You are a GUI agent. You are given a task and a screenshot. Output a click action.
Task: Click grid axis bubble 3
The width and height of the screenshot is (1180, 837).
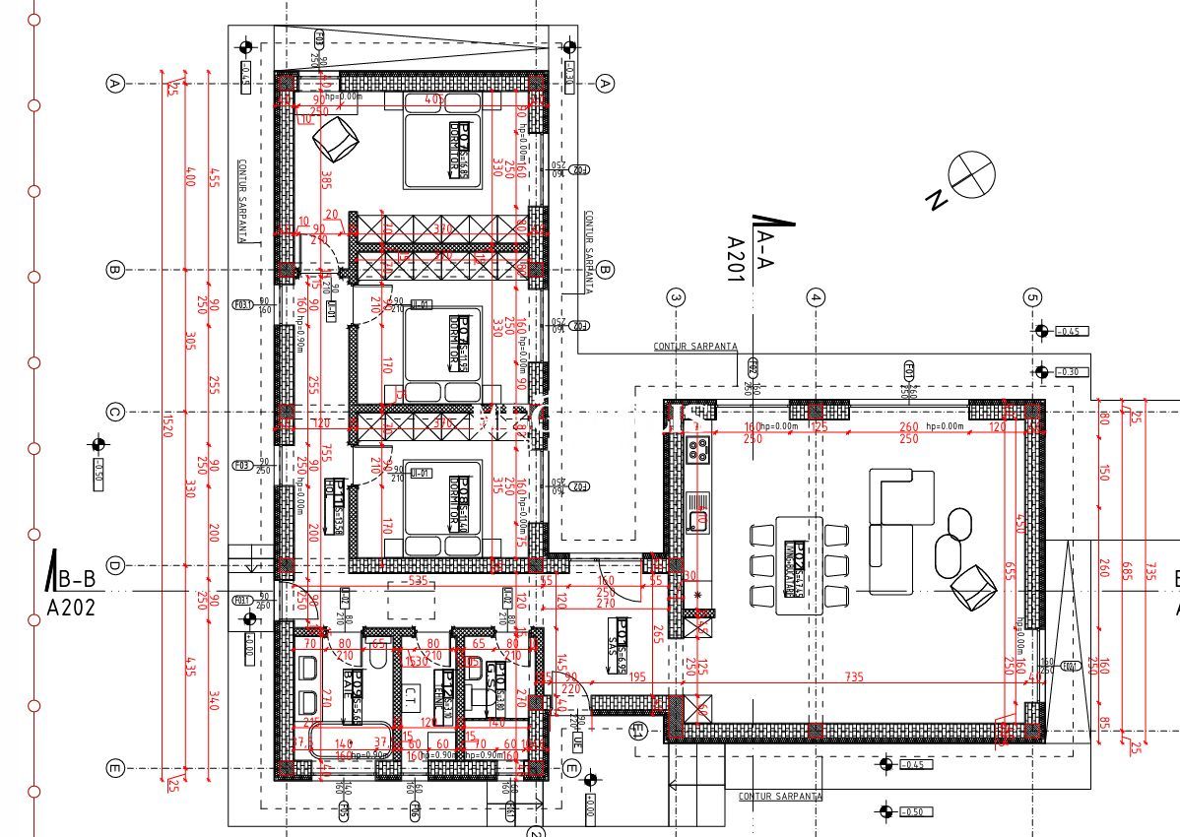point(676,296)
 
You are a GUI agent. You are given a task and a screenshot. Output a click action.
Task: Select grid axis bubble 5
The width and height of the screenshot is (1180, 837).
point(1032,296)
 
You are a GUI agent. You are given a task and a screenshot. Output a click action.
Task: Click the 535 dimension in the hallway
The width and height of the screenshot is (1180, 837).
point(418,582)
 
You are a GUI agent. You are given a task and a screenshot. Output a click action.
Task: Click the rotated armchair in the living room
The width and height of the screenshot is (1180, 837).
point(972,586)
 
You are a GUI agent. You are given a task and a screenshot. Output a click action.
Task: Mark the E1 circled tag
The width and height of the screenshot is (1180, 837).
point(637,730)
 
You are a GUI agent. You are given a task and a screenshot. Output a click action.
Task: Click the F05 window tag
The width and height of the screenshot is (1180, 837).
point(343,810)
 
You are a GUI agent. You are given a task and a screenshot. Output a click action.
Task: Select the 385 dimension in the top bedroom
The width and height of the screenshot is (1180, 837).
point(324,179)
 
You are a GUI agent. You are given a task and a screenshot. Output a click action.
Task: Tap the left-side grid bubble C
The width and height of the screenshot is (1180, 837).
point(114,413)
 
